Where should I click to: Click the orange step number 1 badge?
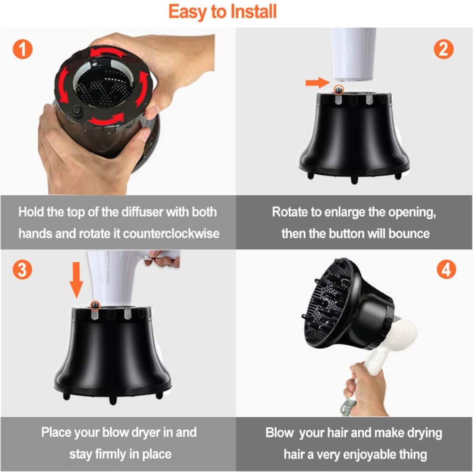tap(22, 50)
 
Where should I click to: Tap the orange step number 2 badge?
tap(443, 50)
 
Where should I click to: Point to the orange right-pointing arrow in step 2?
tap(318, 82)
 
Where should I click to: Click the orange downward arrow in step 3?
tap(76, 280)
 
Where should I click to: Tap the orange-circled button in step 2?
tap(339, 90)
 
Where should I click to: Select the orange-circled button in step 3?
tap(95, 306)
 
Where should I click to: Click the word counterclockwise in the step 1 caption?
tap(171, 233)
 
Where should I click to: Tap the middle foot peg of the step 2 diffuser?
tap(354, 180)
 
